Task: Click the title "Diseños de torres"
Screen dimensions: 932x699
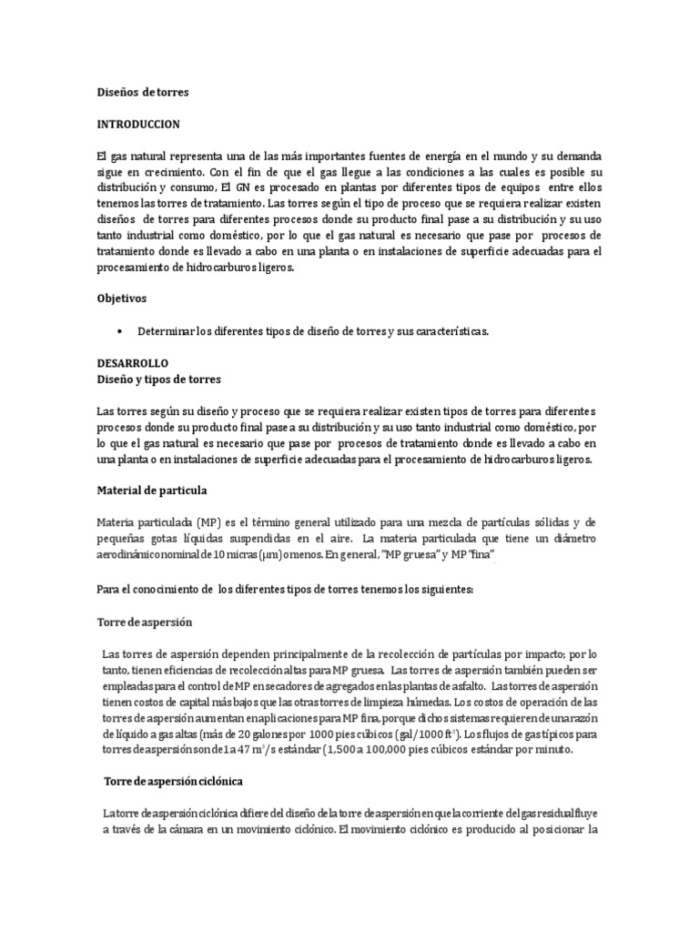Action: (x=143, y=92)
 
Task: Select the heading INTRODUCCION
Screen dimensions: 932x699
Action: (x=138, y=123)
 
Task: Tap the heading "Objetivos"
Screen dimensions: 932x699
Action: (x=122, y=298)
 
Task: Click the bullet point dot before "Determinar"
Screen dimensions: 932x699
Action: (x=121, y=331)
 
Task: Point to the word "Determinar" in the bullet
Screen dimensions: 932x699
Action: (x=167, y=331)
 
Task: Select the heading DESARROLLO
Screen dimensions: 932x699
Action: (x=133, y=362)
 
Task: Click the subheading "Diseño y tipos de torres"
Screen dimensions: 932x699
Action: (x=158, y=379)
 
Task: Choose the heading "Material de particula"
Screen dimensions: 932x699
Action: (x=152, y=490)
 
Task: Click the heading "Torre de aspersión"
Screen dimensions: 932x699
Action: (x=145, y=622)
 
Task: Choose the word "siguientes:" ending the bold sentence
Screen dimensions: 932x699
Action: (x=443, y=589)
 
